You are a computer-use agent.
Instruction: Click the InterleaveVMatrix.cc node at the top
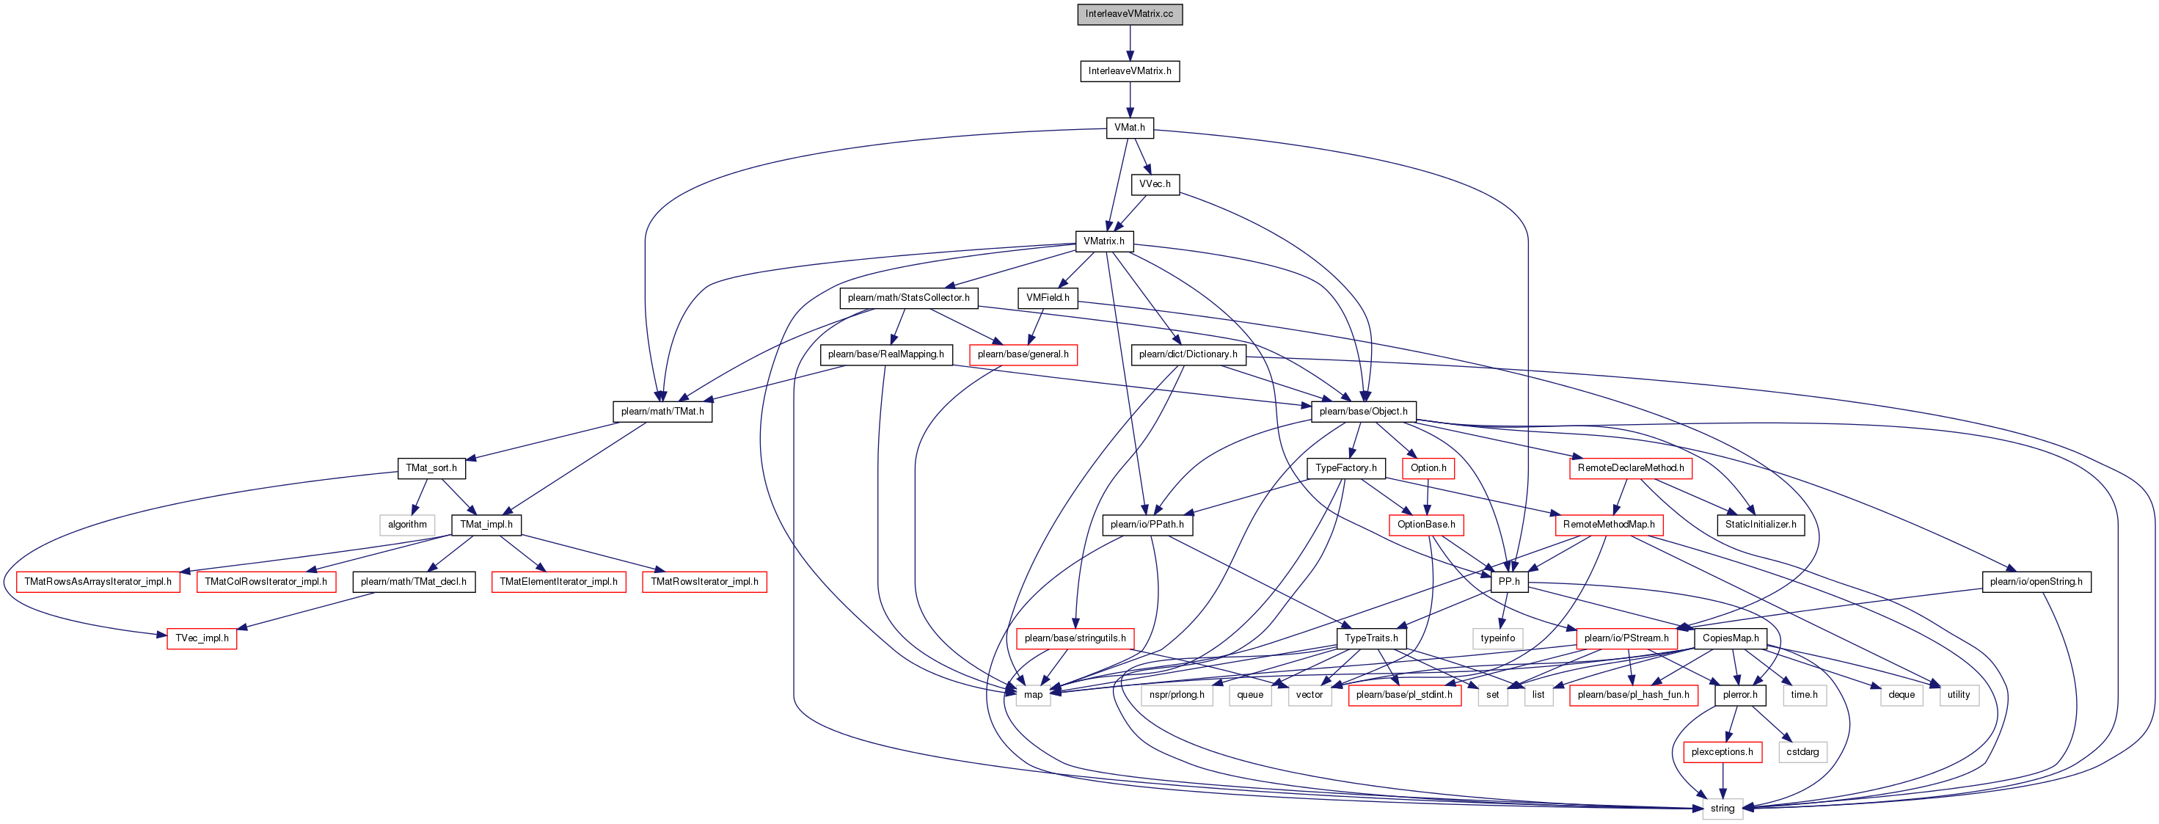(1129, 14)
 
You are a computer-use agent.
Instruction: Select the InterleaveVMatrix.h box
(1129, 71)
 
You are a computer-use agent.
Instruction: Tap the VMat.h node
(1129, 128)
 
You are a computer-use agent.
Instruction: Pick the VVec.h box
(1154, 184)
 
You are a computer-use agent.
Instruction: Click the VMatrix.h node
(1104, 241)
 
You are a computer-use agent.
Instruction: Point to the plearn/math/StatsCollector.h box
(907, 298)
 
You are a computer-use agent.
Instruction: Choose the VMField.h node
(1047, 298)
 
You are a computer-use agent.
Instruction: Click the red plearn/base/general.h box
(1023, 354)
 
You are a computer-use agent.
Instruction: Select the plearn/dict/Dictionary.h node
(1188, 354)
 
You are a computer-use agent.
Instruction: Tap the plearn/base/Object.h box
(1363, 412)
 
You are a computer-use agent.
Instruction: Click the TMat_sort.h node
(431, 467)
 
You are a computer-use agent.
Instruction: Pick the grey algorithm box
(407, 525)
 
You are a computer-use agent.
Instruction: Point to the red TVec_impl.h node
(201, 639)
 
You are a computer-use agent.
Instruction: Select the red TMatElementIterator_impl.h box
(558, 582)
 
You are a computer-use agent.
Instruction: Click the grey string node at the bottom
(1722, 809)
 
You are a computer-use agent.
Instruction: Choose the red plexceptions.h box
(1722, 752)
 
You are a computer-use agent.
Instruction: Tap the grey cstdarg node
(1802, 752)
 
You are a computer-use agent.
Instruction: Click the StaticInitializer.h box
(1760, 525)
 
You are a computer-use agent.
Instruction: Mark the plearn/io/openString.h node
(2035, 582)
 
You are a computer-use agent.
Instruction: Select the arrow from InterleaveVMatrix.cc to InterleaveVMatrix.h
(1129, 43)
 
